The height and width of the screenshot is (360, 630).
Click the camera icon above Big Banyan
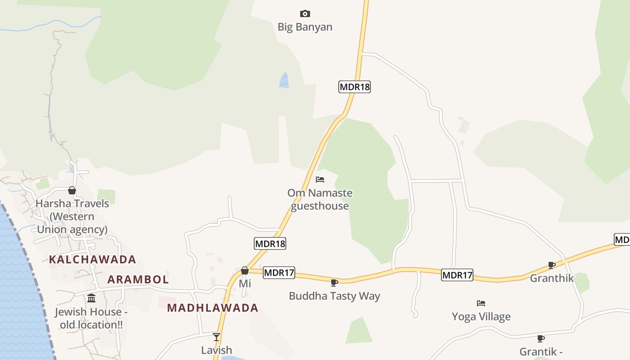tap(305, 13)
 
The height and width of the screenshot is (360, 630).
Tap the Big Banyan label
tap(305, 27)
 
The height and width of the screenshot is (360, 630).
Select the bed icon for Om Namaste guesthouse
tap(320, 180)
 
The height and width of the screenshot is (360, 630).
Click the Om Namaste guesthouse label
tap(320, 199)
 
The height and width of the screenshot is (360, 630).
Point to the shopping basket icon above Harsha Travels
tap(72, 190)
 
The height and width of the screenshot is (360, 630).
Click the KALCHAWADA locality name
tap(92, 259)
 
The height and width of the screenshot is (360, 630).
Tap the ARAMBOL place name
tap(138, 279)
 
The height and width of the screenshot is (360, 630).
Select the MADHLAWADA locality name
tap(212, 308)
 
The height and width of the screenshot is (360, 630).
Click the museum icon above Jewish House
tap(91, 298)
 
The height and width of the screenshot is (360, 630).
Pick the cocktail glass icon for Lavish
tap(216, 337)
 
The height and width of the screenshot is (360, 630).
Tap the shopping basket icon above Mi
tap(245, 270)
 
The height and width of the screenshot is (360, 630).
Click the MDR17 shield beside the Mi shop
tap(279, 272)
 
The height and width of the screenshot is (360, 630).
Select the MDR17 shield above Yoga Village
tap(457, 275)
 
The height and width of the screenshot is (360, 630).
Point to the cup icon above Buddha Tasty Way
tap(334, 283)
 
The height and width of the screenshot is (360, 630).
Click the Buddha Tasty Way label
tap(334, 296)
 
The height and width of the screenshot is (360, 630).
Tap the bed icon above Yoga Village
tap(481, 303)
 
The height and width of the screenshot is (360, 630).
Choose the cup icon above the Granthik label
tap(552, 265)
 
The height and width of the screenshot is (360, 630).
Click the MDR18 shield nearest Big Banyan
tap(355, 87)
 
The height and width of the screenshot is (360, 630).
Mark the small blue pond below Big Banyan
tap(284, 81)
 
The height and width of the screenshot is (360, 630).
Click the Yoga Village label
tap(481, 317)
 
